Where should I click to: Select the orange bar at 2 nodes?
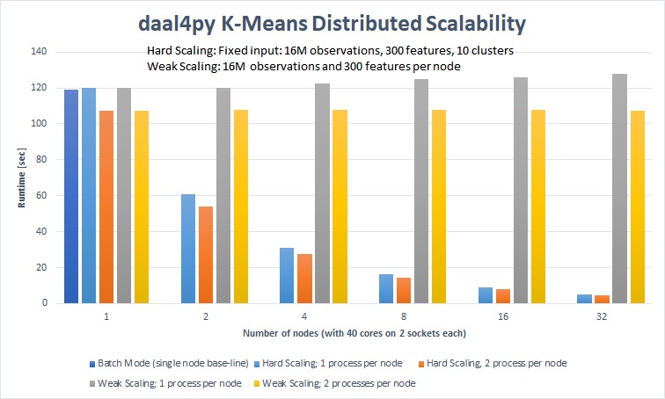[206, 255]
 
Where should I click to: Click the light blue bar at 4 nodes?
[287, 275]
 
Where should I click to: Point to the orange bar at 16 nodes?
[503, 296]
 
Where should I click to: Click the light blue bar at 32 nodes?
[584, 299]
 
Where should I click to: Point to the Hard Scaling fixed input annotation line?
[330, 50]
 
